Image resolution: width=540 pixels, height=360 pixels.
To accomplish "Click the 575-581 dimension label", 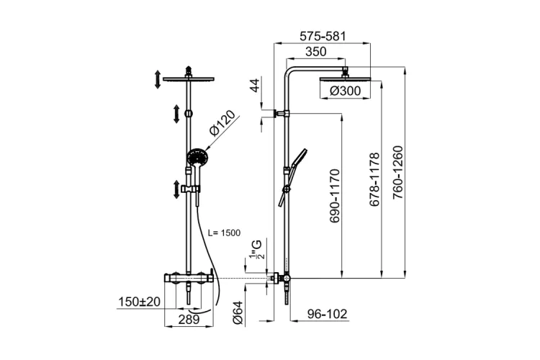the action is coord(323,36).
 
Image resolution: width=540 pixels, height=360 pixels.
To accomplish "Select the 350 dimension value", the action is coord(316,51).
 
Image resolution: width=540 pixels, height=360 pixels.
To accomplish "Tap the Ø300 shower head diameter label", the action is coord(345,91).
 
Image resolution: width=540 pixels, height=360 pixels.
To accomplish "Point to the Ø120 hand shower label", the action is coord(222,123).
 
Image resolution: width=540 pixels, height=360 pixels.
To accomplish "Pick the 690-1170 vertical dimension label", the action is coord(334,195).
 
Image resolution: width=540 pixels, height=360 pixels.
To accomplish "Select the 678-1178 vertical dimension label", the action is coord(374,179).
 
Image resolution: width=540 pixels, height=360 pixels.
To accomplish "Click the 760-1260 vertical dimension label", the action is coord(397,172).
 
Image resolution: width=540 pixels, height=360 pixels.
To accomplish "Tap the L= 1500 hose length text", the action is coord(225,233).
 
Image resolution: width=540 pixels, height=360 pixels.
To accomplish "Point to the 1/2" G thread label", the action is coord(256,250).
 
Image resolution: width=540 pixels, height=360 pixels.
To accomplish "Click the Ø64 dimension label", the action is coord(238,312).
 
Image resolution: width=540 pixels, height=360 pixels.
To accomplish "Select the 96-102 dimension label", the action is coord(327,314).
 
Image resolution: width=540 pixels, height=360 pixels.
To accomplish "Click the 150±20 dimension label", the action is coord(140,302).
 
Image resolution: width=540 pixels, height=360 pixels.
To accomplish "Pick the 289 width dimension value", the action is coord(189,320).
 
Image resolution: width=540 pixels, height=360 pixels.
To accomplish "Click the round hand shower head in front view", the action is coord(198,157).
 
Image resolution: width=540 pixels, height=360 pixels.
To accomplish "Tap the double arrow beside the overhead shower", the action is coord(158,79).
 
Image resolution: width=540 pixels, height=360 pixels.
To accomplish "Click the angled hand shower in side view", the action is coord(293,177).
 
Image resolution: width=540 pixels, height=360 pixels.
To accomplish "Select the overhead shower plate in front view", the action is coord(189,79).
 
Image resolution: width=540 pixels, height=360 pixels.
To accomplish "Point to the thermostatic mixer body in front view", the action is coord(189,278).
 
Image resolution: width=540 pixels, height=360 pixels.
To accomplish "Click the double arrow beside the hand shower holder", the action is coord(176,189).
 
